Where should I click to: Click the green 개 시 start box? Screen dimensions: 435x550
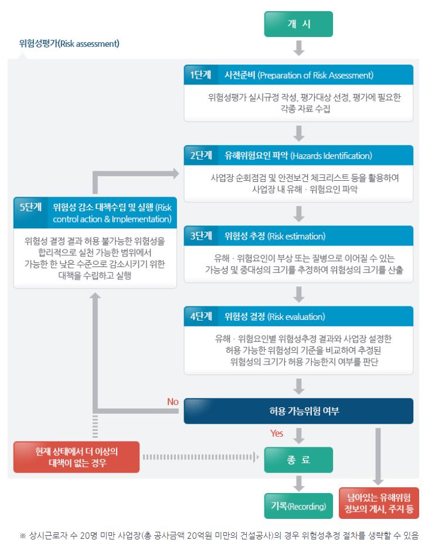pos(298,24)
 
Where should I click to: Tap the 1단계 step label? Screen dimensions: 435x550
pos(200,75)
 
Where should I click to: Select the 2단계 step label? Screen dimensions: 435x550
pos(201,155)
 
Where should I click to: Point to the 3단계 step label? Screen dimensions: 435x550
pos(201,236)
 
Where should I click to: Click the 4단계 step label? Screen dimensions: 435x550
pos(201,316)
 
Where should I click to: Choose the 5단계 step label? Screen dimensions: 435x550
pos(30,207)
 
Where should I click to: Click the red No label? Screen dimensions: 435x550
pos(173,401)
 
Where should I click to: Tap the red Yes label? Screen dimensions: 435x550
pos(277,434)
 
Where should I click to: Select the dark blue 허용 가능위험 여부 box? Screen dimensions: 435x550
pos(298,411)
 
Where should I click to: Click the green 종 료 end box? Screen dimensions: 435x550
pos(298,460)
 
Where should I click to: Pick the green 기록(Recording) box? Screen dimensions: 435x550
pos(298,506)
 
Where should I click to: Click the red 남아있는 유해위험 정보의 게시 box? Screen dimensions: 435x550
pos(379,503)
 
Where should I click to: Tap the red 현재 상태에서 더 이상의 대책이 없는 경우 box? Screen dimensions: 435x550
pos(76,457)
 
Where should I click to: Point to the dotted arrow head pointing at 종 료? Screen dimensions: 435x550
pos(257,457)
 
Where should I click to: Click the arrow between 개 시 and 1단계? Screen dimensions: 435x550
pos(299,48)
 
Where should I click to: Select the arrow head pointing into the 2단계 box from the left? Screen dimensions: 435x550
pos(176,173)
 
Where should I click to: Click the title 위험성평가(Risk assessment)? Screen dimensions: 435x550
pos(69,43)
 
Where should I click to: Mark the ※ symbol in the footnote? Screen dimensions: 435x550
pos(23,535)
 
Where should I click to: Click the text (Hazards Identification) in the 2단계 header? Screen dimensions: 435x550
pos(331,156)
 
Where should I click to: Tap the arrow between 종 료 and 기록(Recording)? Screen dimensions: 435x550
pos(299,483)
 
